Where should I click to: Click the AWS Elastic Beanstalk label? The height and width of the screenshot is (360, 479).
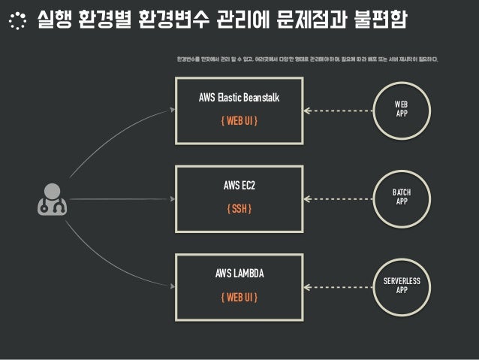coord(239,98)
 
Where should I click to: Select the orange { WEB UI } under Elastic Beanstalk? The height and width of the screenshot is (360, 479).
coord(239,121)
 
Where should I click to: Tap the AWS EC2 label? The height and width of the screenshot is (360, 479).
coord(239,185)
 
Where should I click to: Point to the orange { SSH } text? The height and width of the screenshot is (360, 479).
coord(239,207)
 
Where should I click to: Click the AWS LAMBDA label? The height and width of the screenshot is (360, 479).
coord(239,274)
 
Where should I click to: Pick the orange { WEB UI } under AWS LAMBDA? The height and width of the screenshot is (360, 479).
coord(239,297)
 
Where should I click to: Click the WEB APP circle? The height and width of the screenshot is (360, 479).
coord(402,110)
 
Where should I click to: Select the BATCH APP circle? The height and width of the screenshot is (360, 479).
coord(402,197)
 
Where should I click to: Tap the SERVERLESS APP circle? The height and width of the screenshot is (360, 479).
coord(402,285)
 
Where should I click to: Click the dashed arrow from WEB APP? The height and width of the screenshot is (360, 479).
coord(338,110)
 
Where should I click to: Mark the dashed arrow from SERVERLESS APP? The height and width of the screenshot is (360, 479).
coord(338,286)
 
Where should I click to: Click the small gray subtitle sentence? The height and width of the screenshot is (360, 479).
coord(307,59)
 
